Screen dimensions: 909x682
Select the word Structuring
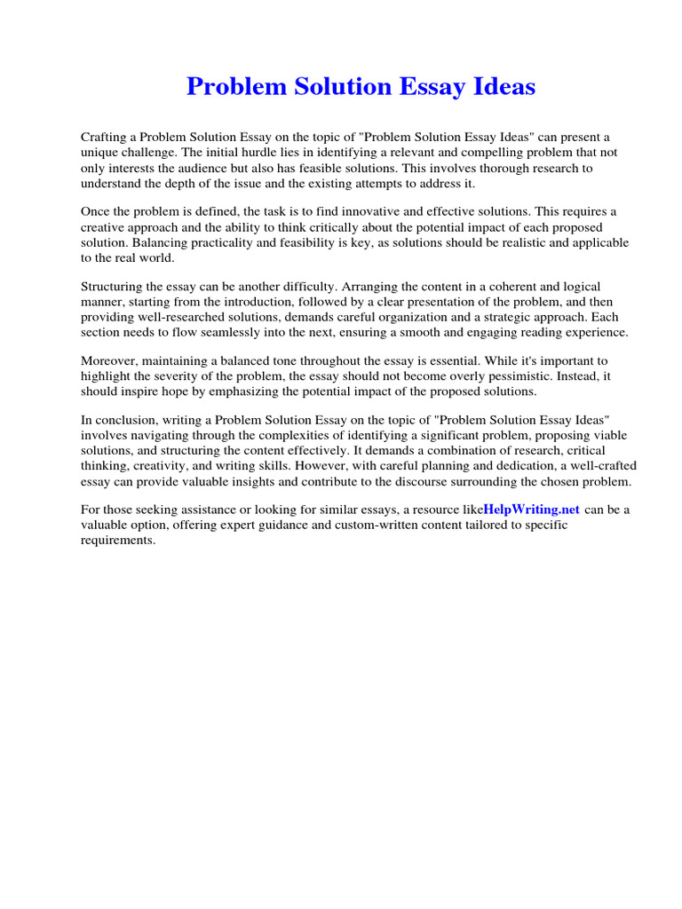tap(115, 287)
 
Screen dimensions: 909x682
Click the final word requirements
tap(117, 540)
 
